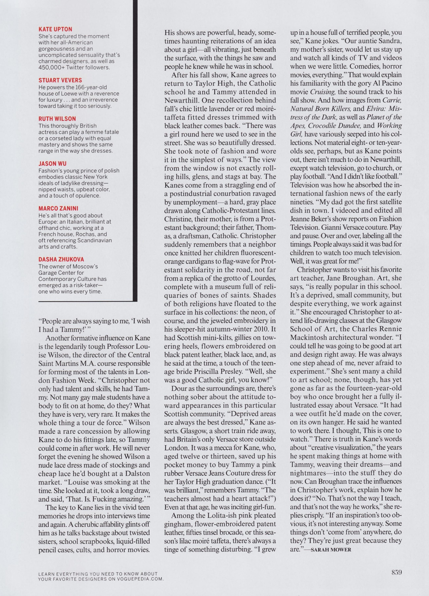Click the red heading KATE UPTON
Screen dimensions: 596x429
55,30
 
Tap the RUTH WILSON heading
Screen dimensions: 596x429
57,119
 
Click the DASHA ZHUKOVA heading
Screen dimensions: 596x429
61,259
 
